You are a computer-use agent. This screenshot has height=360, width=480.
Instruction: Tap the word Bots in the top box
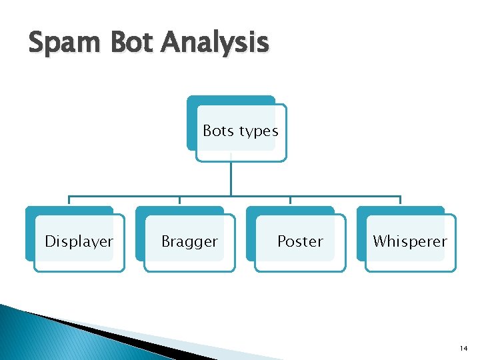pos(217,131)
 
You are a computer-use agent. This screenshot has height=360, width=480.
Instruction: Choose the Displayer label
pos(79,242)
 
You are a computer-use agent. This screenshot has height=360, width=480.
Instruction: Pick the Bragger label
pos(189,242)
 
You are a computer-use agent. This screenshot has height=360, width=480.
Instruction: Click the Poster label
pos(300,241)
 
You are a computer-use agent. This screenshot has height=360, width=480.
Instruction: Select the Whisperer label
pos(410,241)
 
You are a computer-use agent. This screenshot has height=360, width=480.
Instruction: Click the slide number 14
pos(464,349)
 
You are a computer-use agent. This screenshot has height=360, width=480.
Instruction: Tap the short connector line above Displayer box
pos(69,201)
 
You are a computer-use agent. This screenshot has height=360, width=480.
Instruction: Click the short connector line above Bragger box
pos(179,201)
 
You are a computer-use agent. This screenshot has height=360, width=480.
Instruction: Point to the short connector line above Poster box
pos(290,201)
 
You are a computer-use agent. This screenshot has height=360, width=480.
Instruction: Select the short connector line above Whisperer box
pos(400,201)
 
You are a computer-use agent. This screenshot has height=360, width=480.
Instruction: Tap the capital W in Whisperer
pos(379,241)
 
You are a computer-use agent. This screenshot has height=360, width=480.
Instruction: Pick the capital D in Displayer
pos(49,241)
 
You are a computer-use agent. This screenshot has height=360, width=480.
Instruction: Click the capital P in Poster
pos(281,241)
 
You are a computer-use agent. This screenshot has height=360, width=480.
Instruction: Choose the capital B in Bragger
pos(165,241)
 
